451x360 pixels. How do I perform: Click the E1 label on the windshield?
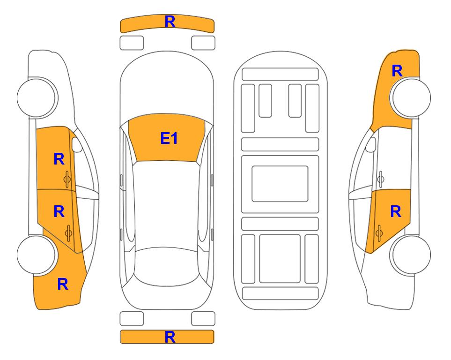[x=169, y=138]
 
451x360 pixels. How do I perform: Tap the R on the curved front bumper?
[x=170, y=22]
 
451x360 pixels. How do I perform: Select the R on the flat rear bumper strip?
[x=170, y=337]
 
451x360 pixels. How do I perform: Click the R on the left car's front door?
[x=59, y=159]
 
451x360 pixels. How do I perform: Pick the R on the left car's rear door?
[x=59, y=212]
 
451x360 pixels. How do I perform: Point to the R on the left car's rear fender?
[x=63, y=284]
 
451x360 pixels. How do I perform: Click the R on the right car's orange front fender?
[x=397, y=71]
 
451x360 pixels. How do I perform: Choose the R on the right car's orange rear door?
[x=396, y=212]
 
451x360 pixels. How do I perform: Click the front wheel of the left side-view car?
[x=37, y=97]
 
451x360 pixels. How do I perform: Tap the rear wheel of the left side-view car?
[x=37, y=255]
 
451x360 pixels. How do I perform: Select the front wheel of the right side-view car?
[x=410, y=97]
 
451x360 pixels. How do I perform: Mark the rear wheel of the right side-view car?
[x=410, y=255]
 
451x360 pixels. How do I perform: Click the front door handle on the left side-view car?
[x=67, y=180]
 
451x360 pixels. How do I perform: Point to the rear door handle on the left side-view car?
[x=68, y=233]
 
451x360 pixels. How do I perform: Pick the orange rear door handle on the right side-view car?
[x=379, y=233]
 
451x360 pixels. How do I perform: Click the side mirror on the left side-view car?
[x=76, y=144]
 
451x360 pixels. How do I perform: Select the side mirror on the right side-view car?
[x=371, y=144]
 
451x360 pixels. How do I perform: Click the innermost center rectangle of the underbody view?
[x=280, y=184]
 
